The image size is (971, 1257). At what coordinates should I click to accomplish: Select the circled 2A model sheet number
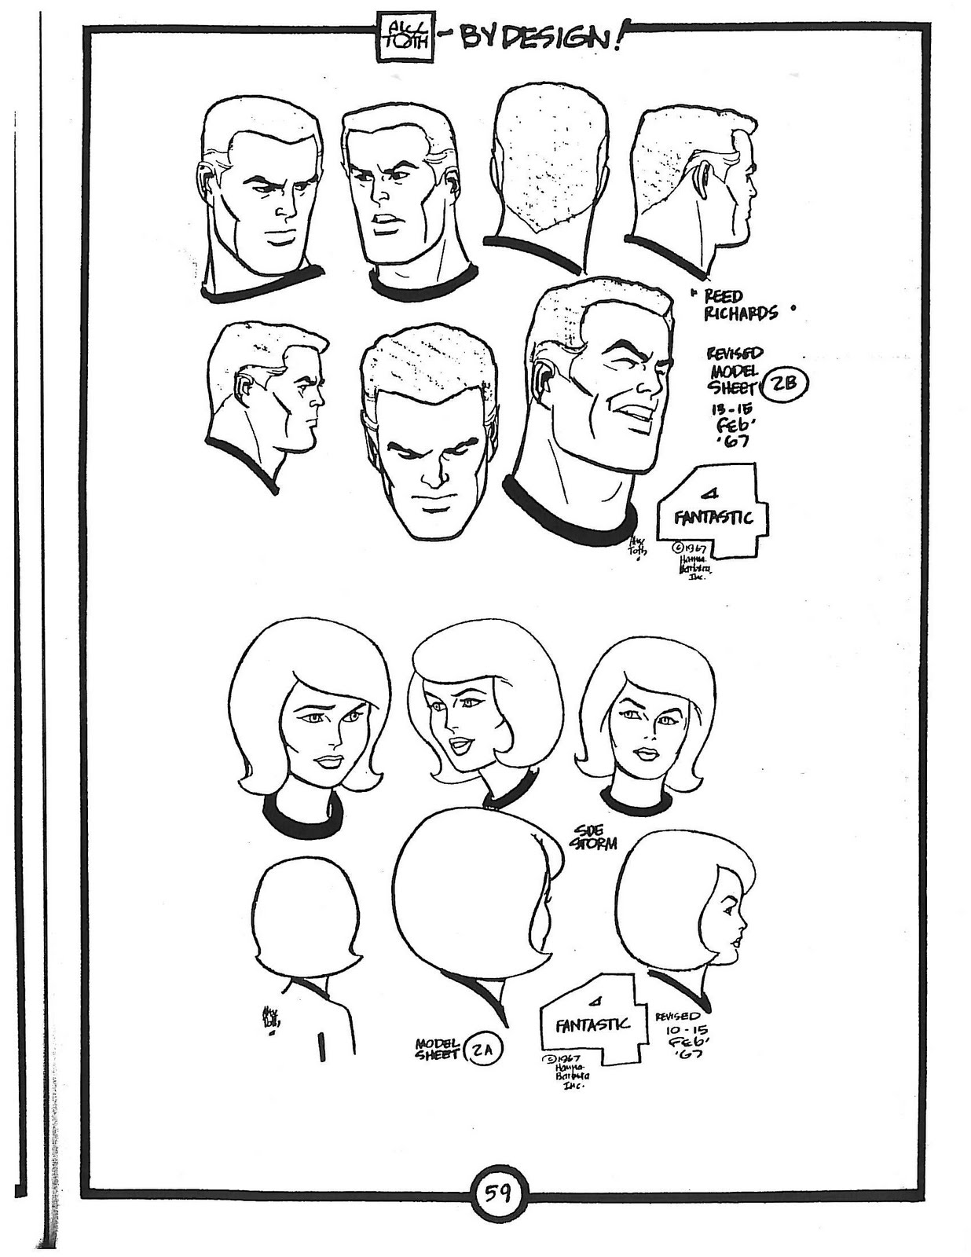(x=483, y=1050)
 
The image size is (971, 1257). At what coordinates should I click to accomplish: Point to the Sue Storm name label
(x=595, y=837)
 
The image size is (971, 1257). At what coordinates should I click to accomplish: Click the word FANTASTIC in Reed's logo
(x=713, y=518)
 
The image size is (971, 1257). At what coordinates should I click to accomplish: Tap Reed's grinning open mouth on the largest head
(x=633, y=414)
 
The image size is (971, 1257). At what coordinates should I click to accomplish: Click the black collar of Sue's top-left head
(x=302, y=819)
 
